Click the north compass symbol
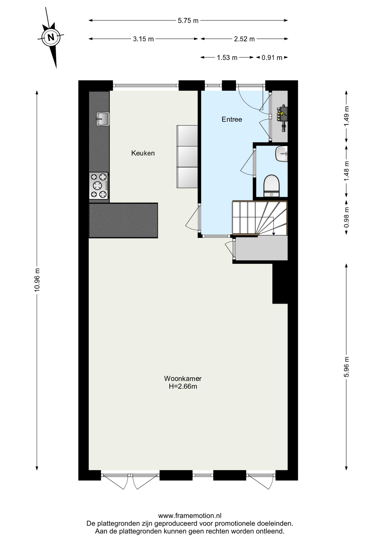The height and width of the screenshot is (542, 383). (x=51, y=37)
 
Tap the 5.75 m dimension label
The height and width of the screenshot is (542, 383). (x=188, y=21)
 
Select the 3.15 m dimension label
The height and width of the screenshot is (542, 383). (x=143, y=39)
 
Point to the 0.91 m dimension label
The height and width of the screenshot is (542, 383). (x=272, y=58)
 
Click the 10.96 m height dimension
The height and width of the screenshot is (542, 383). (x=37, y=280)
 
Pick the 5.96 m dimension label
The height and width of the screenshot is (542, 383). (x=346, y=367)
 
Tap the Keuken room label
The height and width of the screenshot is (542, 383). (x=143, y=153)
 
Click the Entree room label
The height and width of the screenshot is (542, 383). (x=232, y=119)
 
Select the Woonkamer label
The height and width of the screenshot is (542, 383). (x=183, y=378)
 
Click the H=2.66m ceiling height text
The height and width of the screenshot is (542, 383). (x=183, y=386)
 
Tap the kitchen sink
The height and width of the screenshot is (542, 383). (x=102, y=119)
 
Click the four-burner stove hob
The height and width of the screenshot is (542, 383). (x=99, y=186)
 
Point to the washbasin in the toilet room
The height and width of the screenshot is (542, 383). (x=281, y=154)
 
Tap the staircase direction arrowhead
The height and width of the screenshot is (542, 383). (x=274, y=233)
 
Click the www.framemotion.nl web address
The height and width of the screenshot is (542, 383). (x=190, y=516)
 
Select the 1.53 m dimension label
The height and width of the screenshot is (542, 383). (x=227, y=58)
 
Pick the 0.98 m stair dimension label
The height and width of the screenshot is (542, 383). (x=346, y=217)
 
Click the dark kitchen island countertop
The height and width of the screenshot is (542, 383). (x=123, y=220)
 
